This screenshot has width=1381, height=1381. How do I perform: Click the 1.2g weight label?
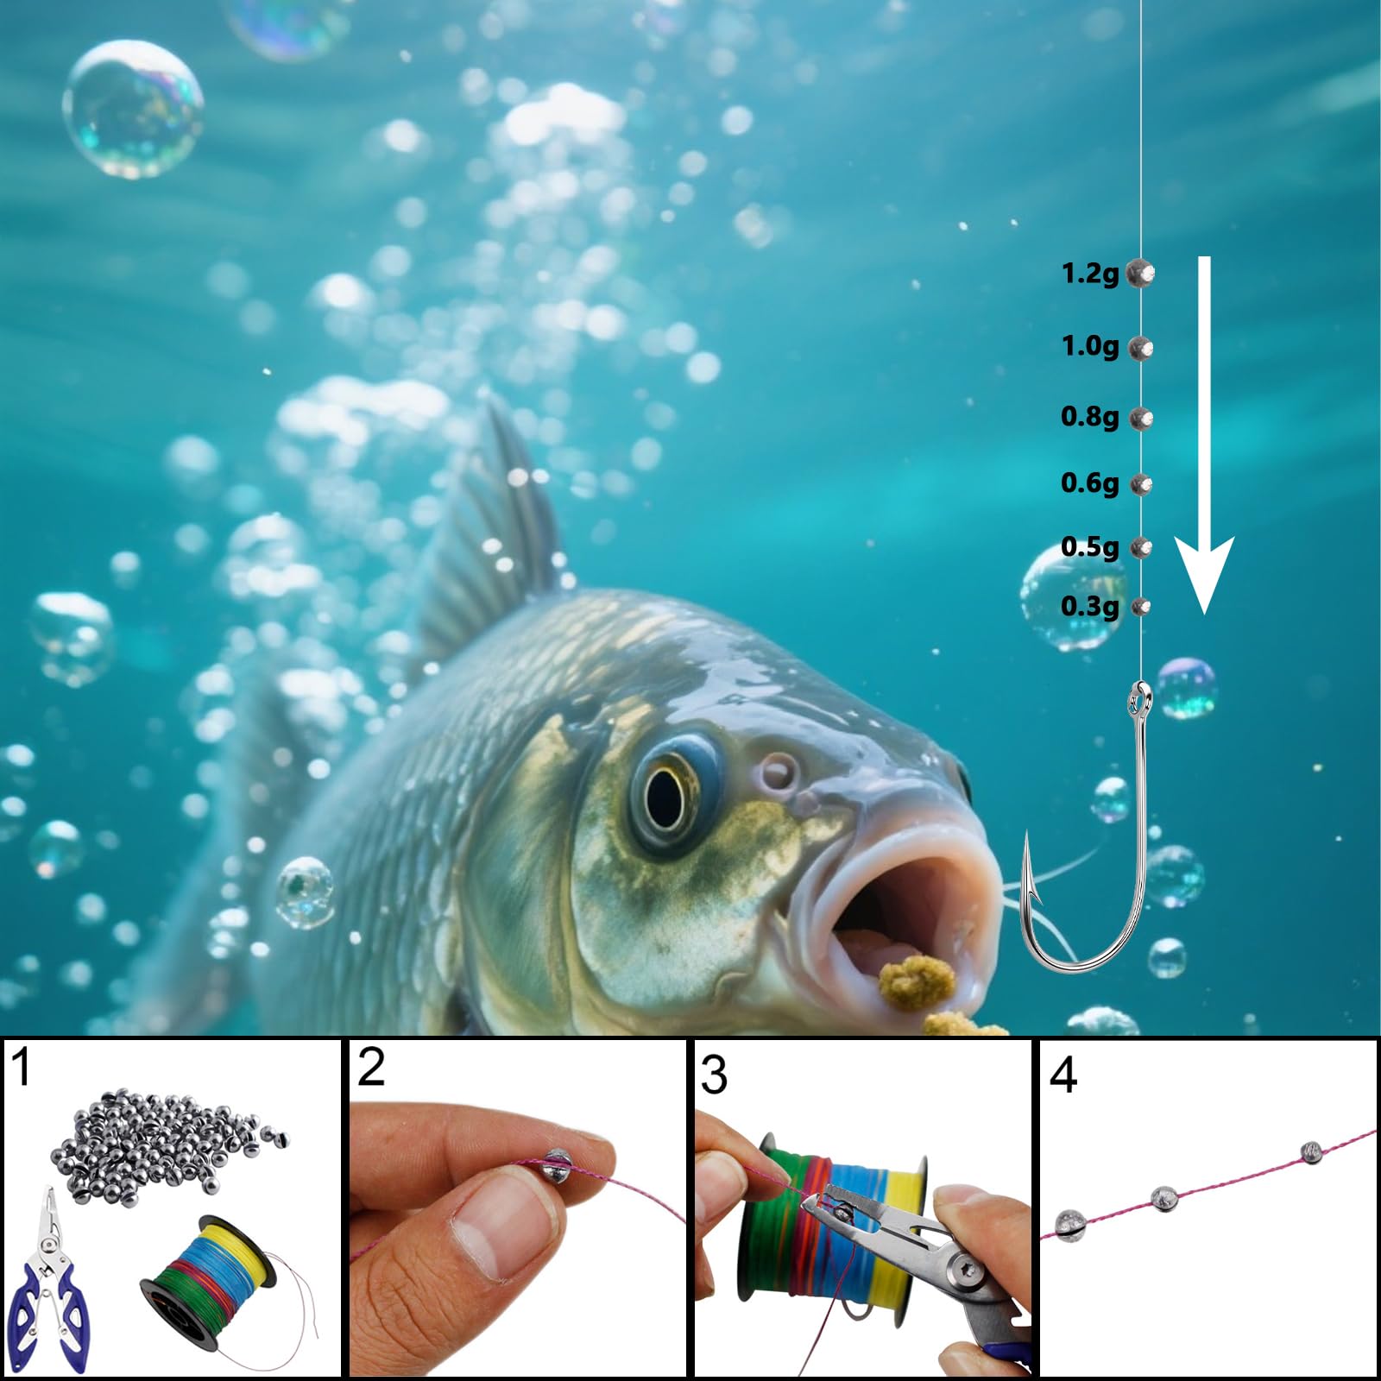click(x=1089, y=274)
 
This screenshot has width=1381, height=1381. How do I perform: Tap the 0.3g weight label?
click(x=1089, y=606)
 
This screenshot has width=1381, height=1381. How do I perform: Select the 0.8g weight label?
click(x=1089, y=417)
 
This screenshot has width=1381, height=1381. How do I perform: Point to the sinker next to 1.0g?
click(x=1141, y=348)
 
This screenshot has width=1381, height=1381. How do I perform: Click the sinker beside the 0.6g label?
click(x=1141, y=484)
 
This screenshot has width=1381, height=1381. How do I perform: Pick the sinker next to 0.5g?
click(x=1141, y=547)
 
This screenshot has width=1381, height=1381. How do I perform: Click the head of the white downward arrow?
click(x=1205, y=574)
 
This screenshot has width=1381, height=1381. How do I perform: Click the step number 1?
click(x=22, y=1067)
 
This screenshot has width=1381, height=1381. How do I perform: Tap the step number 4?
click(x=1063, y=1075)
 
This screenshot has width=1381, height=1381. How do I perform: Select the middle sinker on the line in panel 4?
click(x=1166, y=1198)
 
